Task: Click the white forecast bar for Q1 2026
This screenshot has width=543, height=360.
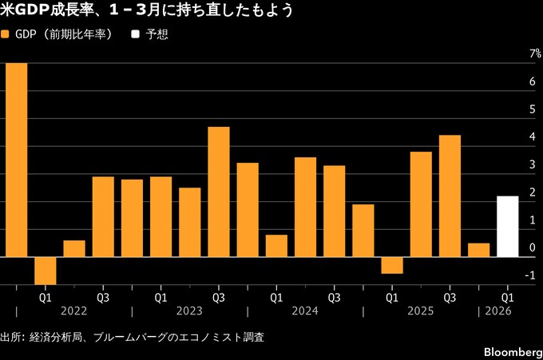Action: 507,227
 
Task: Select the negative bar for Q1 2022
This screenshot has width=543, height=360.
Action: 45,270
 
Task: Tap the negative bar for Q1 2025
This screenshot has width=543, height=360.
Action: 392,265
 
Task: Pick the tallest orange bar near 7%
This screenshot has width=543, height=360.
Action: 16,160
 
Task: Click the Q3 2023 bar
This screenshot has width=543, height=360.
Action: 219,192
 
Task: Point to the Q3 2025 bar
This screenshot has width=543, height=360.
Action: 450,196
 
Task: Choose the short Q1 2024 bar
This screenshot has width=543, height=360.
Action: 276,246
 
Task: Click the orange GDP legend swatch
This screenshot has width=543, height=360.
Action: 6,35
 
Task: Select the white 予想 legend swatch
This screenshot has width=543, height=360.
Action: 135,35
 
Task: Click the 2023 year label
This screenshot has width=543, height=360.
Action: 189,311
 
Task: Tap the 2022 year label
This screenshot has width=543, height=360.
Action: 73,311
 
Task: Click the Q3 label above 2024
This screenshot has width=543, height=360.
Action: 334,297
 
